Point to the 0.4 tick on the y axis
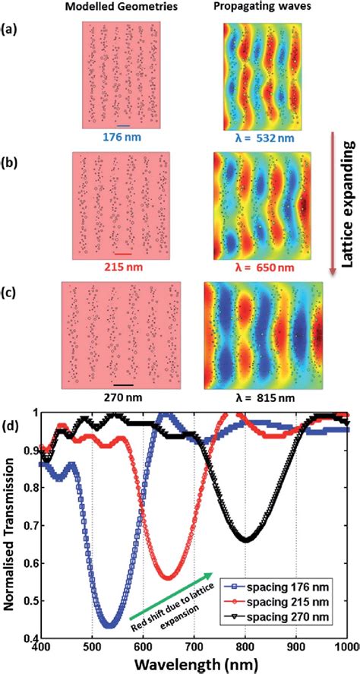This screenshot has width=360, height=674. tap(30, 637)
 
